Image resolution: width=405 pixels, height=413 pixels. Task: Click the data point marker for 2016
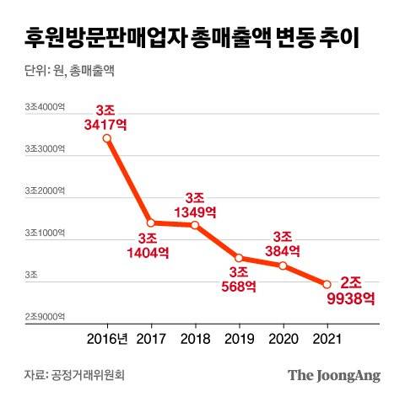coord(106,138)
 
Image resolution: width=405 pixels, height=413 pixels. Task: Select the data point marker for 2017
coord(150,223)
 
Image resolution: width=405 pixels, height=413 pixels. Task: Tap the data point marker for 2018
coord(195,225)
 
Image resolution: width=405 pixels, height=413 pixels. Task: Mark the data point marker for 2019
coord(239,258)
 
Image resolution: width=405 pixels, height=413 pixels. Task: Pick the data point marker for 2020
coord(283,265)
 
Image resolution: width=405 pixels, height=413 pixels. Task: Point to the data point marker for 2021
coord(327,285)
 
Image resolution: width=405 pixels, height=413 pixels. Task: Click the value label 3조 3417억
coord(106,119)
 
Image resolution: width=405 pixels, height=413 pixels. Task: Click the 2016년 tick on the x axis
coord(106,341)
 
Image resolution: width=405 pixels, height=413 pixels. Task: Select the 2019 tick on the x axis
coord(239,341)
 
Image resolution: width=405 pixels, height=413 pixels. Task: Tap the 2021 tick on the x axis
coord(327,341)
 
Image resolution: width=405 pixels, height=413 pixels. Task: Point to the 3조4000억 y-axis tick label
coord(45,106)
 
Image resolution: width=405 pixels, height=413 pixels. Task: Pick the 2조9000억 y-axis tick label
coord(45,316)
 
